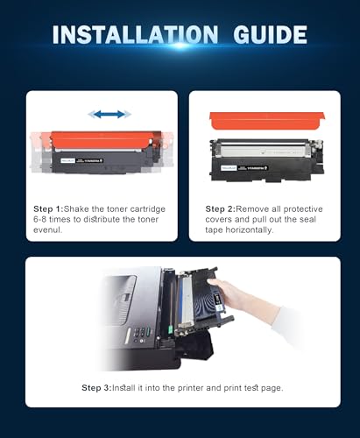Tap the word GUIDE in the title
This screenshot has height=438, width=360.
click(x=267, y=35)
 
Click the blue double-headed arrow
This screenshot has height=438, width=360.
click(x=109, y=114)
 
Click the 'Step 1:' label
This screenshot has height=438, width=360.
click(x=50, y=208)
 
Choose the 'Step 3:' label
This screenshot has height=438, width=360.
click(x=99, y=387)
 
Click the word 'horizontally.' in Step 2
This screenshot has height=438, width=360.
click(x=255, y=231)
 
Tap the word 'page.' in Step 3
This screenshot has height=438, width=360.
click(x=271, y=387)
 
